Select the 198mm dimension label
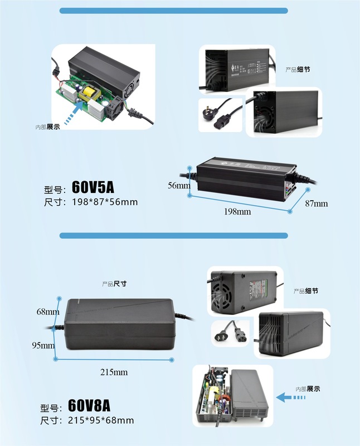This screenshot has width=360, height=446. click(238, 212)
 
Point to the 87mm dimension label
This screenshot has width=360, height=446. click(316, 203)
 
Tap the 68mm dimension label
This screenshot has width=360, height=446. click(48, 311)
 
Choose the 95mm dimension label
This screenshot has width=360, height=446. click(43, 346)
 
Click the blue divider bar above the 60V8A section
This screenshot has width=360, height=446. click(173, 236)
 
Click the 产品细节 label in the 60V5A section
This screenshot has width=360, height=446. click(298, 70)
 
